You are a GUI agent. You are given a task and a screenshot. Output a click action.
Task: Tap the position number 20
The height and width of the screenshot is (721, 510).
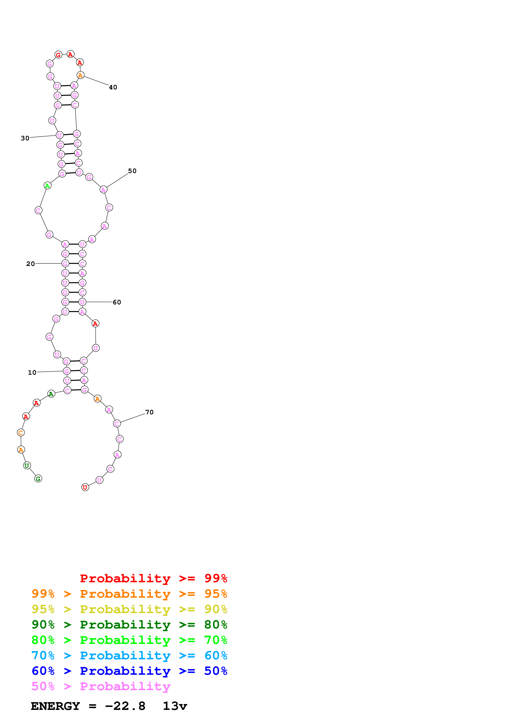tap(30, 264)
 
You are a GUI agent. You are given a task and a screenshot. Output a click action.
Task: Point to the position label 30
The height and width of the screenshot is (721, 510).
tap(25, 138)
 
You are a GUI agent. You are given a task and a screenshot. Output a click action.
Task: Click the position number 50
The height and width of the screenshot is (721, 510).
tap(132, 171)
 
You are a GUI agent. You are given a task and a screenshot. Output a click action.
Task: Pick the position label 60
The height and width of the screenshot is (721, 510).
tap(117, 302)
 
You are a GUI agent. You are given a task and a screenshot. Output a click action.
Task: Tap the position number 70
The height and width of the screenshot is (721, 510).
tap(150, 412)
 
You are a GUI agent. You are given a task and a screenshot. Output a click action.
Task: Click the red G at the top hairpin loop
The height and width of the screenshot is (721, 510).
tap(58, 55)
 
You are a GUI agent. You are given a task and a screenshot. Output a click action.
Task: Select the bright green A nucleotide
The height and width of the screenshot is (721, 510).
tap(48, 186)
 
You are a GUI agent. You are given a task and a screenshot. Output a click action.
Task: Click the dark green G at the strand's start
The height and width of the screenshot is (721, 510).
tap(38, 478)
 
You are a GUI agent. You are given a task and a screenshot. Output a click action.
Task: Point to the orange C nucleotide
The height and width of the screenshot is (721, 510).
tap(21, 433)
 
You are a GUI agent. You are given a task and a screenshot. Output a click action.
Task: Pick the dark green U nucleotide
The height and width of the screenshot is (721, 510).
tap(27, 466)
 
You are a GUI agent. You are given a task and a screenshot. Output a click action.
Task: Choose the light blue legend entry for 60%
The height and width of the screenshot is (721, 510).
tap(129, 655)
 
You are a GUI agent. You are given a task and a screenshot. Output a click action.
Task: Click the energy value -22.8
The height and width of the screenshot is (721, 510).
tap(125, 706)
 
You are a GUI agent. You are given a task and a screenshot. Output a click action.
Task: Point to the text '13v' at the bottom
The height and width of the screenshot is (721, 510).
tap(175, 706)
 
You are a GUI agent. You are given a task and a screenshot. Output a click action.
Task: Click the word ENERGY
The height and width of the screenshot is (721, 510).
tap(55, 706)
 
